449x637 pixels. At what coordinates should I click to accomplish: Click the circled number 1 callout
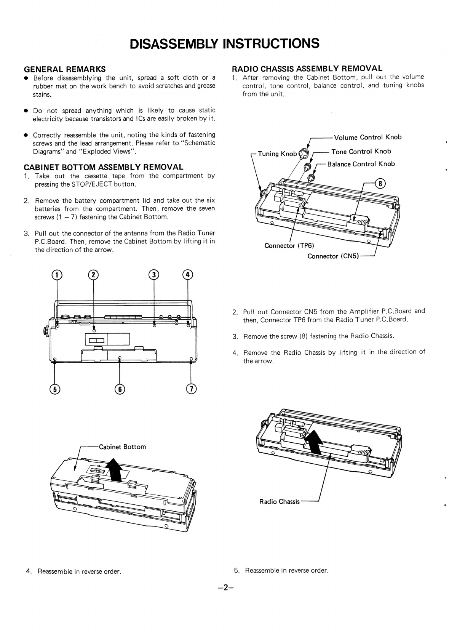coord(57,275)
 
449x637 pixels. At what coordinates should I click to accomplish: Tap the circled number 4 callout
coord(188,275)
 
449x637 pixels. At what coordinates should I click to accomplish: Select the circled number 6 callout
coord(120,389)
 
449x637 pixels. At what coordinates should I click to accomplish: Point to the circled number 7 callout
coord(191,389)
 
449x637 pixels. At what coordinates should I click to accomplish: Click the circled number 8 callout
coord(380,184)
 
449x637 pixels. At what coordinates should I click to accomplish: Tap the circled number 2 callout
coord(93,275)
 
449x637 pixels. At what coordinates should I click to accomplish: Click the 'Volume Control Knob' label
coord(368,137)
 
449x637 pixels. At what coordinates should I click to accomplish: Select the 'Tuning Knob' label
coord(277,154)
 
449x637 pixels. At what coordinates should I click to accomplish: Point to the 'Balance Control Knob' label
coord(361,164)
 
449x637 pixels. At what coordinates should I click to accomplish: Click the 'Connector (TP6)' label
coord(289,246)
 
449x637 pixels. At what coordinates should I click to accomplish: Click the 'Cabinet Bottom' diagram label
coord(122,447)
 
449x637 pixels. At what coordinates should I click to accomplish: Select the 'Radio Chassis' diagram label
coord(280,502)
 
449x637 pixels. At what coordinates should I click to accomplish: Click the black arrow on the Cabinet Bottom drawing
coord(114,470)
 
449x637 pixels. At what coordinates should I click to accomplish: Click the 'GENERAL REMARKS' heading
coord(65,69)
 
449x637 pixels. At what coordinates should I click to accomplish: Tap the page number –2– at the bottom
coord(225,587)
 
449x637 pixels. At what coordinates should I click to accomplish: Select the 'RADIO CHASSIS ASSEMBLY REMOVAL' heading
coord(307,69)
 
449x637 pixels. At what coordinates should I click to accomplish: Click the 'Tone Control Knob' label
coord(361,152)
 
